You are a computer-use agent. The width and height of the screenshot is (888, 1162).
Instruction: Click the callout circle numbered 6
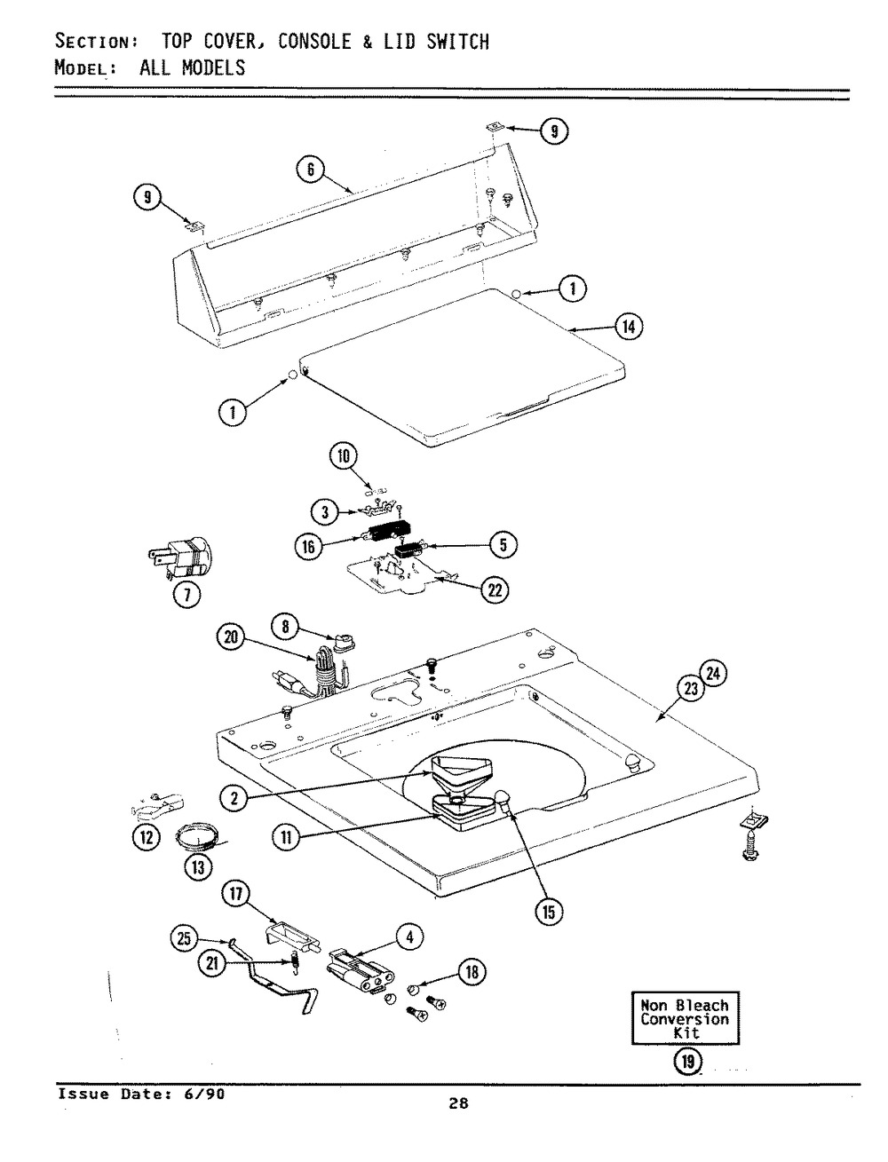click(x=311, y=170)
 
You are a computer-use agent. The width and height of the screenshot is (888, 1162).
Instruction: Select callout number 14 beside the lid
click(x=629, y=327)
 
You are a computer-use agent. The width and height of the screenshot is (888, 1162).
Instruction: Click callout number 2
click(x=233, y=798)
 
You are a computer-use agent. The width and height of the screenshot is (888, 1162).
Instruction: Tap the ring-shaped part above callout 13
click(x=198, y=835)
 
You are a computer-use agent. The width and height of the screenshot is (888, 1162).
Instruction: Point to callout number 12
click(x=147, y=837)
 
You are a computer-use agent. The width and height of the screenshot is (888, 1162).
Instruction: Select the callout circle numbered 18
click(x=472, y=972)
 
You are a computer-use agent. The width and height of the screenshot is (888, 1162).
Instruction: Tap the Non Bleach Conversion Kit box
click(x=685, y=1018)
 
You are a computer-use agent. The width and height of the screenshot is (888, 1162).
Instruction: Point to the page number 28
click(x=458, y=1104)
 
